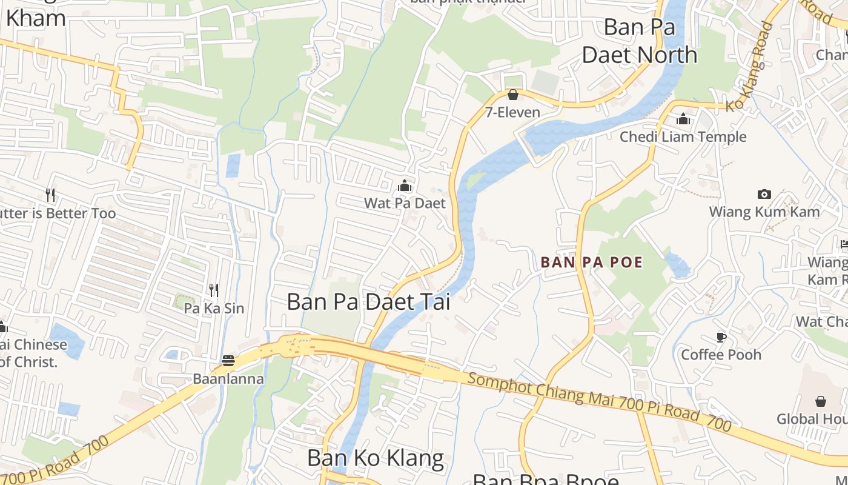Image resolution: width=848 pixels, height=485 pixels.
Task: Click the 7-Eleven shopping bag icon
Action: (x=513, y=95)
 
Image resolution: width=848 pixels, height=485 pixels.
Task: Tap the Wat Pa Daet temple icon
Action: (x=405, y=186)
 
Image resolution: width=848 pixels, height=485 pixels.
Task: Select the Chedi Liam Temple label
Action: (x=683, y=137)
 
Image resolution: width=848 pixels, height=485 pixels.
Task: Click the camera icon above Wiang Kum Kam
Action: (x=764, y=194)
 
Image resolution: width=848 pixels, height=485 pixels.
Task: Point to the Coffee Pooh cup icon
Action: (x=721, y=336)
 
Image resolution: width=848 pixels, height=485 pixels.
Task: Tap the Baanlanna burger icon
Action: (x=228, y=361)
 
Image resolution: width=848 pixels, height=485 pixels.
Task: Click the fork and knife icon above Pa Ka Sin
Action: (x=213, y=290)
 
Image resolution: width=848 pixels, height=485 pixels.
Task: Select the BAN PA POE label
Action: (x=592, y=263)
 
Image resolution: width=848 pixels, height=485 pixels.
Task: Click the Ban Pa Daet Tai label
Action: (x=368, y=301)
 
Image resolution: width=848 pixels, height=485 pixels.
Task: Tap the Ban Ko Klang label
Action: (x=376, y=458)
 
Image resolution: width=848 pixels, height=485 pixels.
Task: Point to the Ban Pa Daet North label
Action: (x=640, y=41)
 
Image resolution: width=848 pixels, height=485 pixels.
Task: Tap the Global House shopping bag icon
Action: (x=821, y=401)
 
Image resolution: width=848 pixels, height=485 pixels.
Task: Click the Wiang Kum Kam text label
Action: (x=764, y=212)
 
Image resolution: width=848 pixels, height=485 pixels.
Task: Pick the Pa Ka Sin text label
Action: (x=214, y=308)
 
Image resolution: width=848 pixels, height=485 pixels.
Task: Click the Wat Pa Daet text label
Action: (x=405, y=203)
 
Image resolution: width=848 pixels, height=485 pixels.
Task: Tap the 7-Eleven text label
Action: (x=512, y=112)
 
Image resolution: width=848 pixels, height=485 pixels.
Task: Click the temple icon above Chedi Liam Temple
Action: (x=683, y=119)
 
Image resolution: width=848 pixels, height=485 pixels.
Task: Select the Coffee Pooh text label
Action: (x=721, y=354)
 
